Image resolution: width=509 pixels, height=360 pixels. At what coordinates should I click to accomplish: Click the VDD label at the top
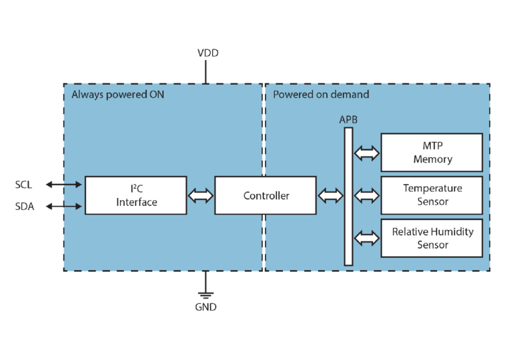(207, 53)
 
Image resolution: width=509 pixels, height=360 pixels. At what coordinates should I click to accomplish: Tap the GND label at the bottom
(205, 307)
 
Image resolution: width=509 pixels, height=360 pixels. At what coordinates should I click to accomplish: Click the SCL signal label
(24, 184)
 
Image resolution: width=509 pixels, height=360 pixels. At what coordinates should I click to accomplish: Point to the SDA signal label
(24, 207)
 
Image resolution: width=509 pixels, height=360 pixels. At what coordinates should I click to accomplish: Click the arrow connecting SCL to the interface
(65, 184)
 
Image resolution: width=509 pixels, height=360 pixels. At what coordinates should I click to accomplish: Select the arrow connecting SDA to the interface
(65, 207)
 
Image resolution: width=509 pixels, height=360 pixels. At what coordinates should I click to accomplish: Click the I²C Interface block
(135, 195)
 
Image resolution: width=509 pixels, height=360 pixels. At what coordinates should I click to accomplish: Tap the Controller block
(266, 195)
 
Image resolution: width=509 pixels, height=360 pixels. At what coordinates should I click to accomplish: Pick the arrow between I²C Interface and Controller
(201, 195)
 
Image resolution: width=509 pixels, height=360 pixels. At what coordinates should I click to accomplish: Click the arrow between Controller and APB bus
(330, 195)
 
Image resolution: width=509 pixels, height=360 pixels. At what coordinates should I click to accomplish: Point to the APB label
(348, 119)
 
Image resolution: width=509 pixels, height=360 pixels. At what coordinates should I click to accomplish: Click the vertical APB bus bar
(348, 196)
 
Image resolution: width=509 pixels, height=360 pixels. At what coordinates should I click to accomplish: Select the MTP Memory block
(432, 153)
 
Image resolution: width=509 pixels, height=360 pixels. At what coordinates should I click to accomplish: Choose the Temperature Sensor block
(432, 195)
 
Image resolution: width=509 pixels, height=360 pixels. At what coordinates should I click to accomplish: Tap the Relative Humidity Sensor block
(432, 238)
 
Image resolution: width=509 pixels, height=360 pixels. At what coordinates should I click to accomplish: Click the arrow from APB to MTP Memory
(366, 153)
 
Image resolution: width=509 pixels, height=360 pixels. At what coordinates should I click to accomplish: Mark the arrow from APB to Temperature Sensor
(366, 195)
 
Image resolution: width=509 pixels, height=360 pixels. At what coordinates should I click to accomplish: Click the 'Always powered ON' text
(117, 95)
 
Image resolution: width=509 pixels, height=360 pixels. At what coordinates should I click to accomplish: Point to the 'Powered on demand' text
(321, 95)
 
